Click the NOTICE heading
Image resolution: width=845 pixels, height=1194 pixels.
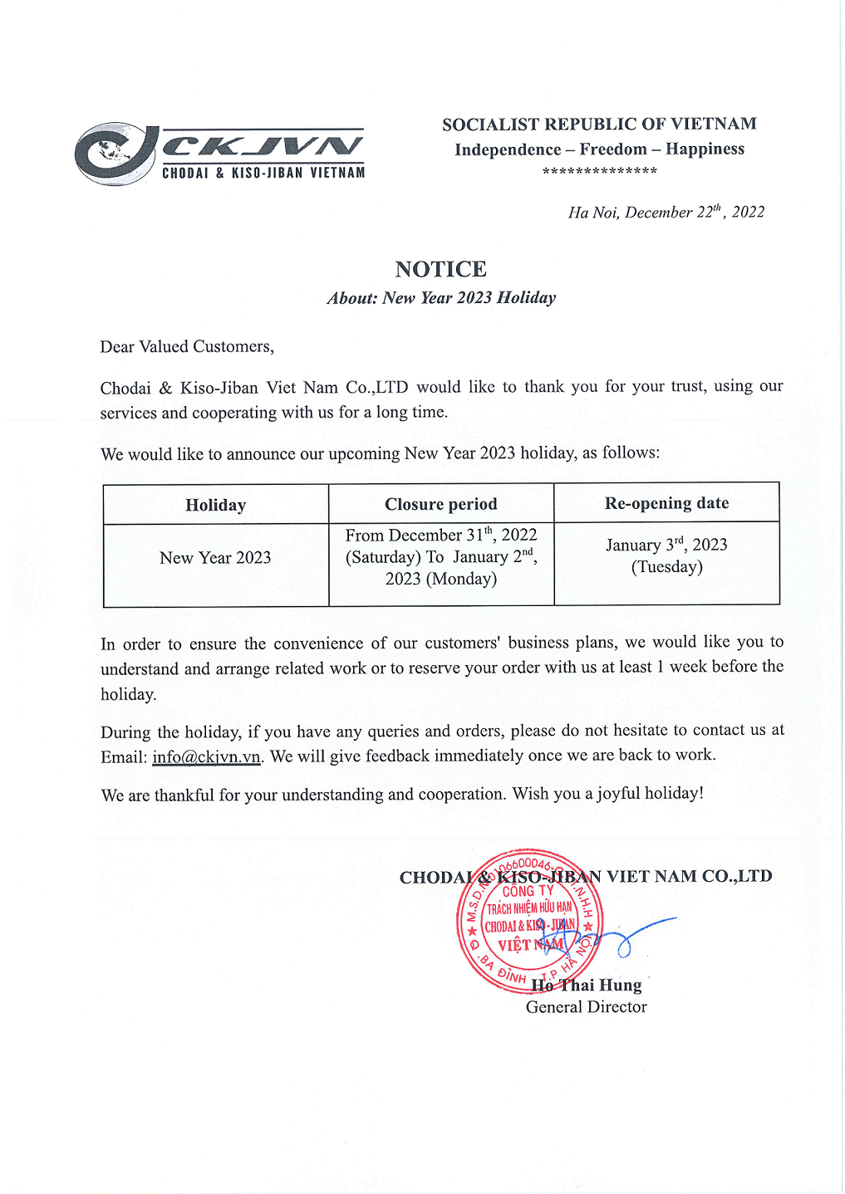(440, 269)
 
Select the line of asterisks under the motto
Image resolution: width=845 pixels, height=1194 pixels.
(599, 171)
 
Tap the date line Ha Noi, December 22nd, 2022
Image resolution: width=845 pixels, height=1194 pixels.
(666, 212)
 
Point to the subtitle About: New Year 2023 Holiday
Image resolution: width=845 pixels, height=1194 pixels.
(441, 297)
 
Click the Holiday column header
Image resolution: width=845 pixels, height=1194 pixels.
(215, 505)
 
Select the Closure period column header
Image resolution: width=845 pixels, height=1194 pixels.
(440, 504)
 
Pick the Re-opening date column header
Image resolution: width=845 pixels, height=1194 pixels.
(666, 502)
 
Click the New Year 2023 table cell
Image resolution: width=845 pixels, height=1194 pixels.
(215, 558)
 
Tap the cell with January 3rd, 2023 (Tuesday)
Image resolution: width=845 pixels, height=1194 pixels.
(666, 555)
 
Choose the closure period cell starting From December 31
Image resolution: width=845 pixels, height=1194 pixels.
(441, 556)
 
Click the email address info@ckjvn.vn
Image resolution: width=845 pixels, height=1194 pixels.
(206, 756)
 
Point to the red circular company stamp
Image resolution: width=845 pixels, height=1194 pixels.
(529, 920)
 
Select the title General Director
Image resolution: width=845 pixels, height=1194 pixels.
(586, 1006)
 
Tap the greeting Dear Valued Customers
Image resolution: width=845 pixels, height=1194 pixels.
(187, 346)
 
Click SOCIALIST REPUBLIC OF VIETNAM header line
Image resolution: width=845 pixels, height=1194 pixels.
(599, 125)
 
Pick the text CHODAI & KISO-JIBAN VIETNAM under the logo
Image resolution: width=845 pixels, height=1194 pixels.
(263, 173)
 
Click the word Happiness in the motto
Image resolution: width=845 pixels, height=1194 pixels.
(705, 149)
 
